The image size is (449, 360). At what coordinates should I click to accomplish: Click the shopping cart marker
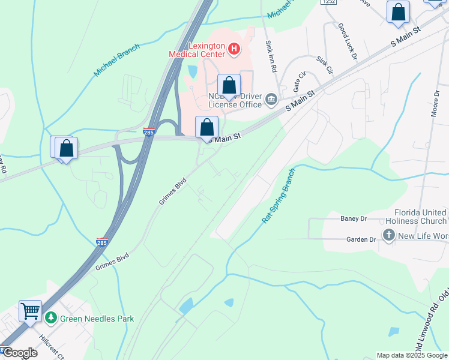[30, 311]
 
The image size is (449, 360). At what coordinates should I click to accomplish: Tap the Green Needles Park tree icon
[52, 317]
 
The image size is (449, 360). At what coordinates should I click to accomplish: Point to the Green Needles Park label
[97, 319]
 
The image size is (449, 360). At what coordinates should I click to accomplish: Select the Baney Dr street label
[353, 218]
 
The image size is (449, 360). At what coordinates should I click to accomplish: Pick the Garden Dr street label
[360, 239]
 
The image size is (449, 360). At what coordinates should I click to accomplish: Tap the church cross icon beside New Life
[388, 235]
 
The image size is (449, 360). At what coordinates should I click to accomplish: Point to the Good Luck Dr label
[348, 41]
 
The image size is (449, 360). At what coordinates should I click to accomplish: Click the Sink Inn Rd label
[271, 56]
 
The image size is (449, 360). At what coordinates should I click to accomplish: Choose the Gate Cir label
[300, 81]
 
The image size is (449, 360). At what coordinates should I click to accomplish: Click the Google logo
[19, 352]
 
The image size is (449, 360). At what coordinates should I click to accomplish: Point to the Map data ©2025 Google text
[412, 355]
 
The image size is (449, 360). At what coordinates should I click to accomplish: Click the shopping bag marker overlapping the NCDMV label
[229, 86]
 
